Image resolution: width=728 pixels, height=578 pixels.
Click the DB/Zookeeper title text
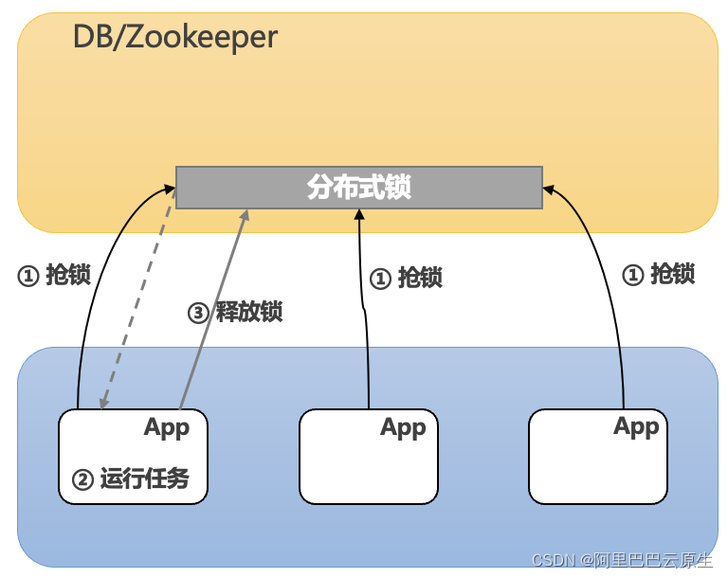(174, 37)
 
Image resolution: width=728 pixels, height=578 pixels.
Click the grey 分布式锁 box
(358, 188)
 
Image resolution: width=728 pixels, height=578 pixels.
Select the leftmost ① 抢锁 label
(54, 275)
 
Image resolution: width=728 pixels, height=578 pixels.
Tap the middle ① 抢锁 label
(406, 278)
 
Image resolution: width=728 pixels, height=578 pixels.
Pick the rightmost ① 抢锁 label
(658, 274)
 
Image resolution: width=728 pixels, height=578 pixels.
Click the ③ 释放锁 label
(235, 312)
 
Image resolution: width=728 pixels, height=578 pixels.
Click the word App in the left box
(167, 427)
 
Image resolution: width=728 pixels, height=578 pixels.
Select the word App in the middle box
(403, 427)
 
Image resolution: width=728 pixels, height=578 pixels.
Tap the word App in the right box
(636, 426)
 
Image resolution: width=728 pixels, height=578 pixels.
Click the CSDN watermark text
(621, 560)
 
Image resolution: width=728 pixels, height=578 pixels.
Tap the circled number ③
(198, 313)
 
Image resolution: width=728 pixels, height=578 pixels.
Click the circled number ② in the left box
(83, 479)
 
